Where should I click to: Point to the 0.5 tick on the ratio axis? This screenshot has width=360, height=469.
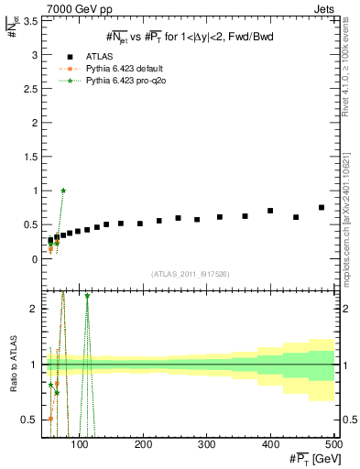point(31,420)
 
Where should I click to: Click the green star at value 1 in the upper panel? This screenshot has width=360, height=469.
point(63,191)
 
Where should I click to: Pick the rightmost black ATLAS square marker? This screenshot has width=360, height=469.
point(322,208)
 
